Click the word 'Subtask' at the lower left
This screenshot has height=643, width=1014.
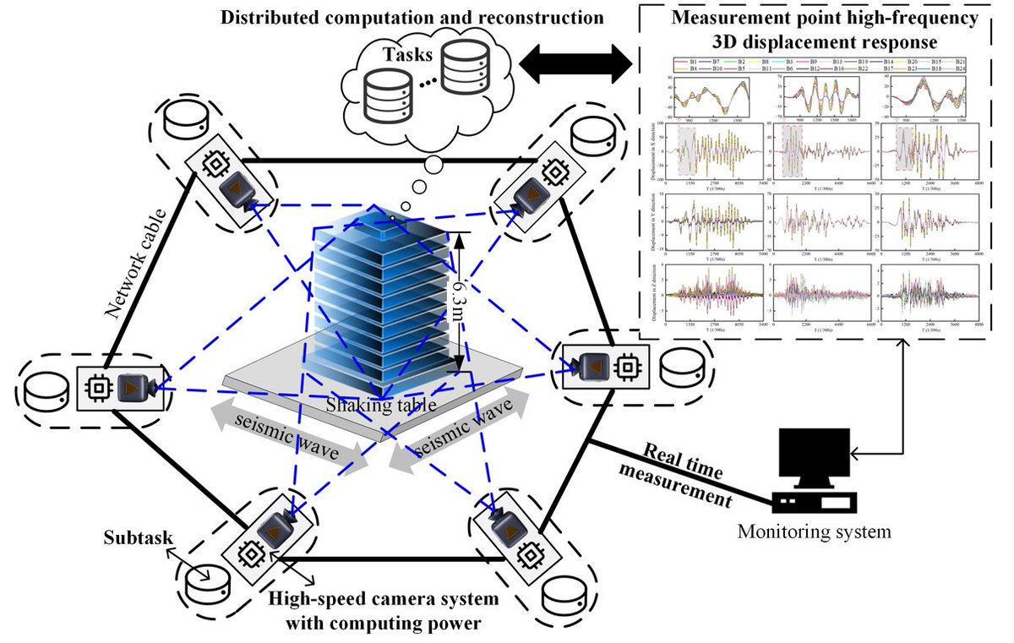[x=133, y=536]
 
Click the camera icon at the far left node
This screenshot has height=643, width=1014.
[x=134, y=388]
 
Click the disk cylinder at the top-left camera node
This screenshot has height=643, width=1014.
[x=183, y=123]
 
